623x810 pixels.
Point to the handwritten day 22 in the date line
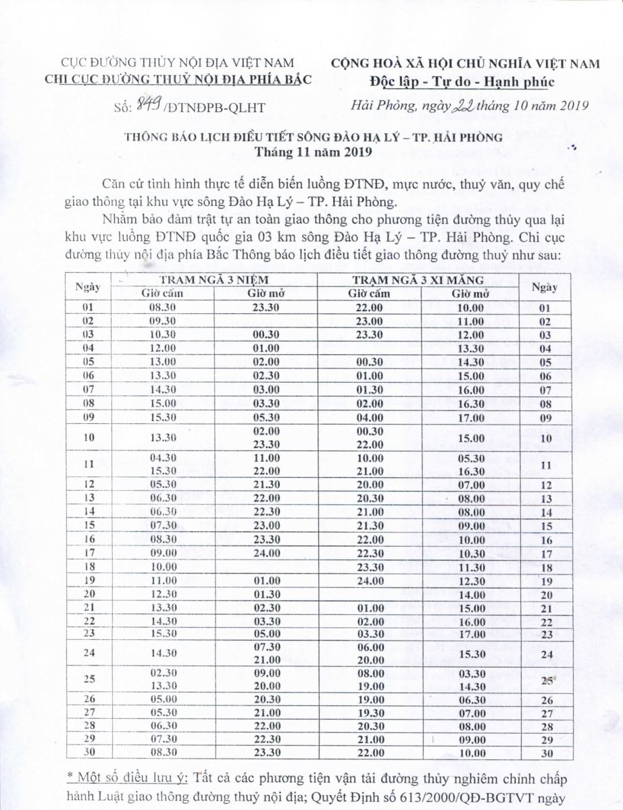point(466,103)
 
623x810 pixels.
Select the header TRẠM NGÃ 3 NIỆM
point(214,279)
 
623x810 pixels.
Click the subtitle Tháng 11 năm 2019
point(311,152)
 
